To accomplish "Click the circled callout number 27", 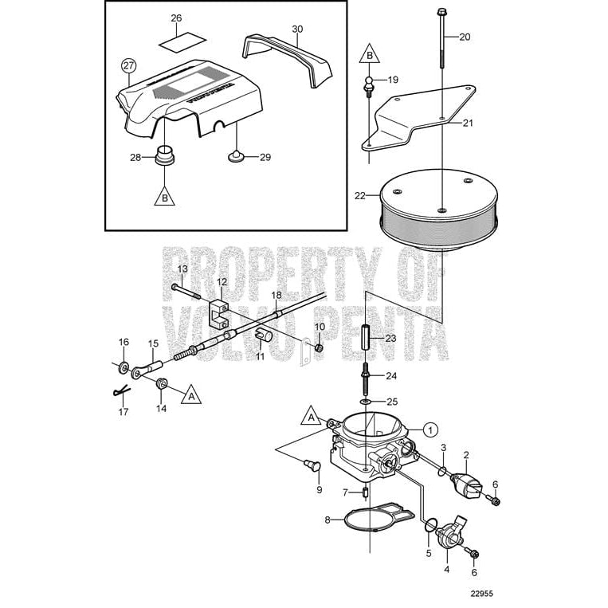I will point(128,65).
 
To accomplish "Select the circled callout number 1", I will point(430,429).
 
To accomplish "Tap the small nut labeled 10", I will point(320,347).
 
